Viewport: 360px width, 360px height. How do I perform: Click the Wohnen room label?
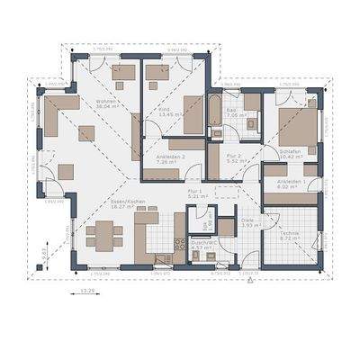click(107, 102)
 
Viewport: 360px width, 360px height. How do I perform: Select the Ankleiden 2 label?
click(170, 156)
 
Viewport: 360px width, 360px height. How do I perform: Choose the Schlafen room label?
click(289, 151)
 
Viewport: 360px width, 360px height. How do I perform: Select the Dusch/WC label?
click(201, 241)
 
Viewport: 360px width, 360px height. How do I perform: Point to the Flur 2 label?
click(233, 156)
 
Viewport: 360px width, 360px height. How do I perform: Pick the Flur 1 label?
click(193, 192)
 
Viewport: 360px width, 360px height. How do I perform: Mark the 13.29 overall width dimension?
click(88, 292)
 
